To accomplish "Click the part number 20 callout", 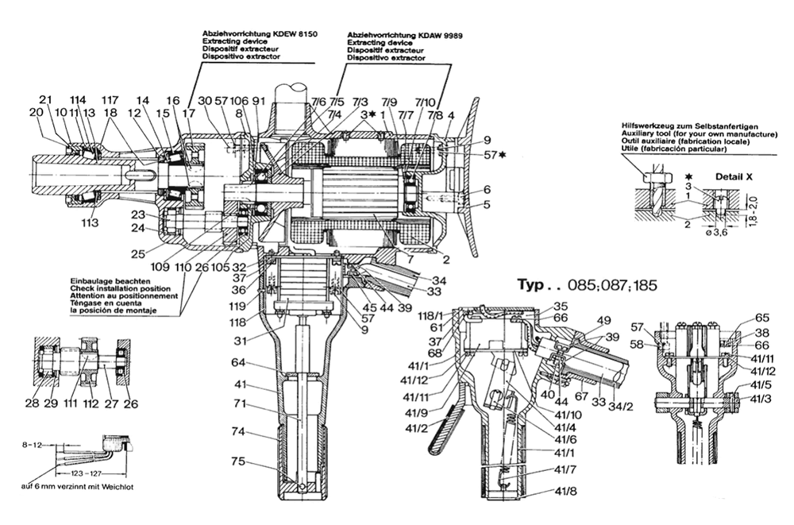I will [34, 114].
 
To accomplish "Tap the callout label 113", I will [89, 223].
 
